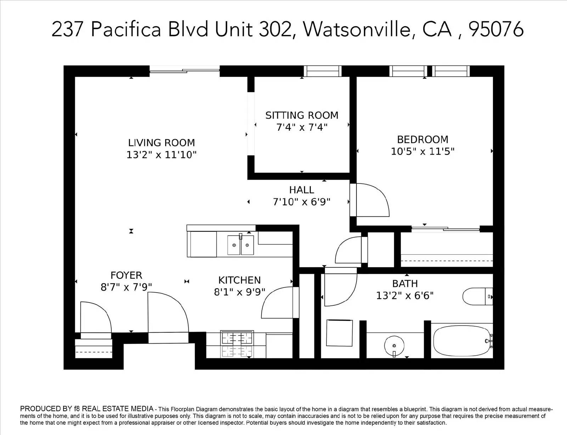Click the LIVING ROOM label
(162, 143)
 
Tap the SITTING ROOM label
(302, 115)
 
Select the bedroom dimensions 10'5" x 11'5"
(423, 151)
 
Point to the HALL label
(302, 190)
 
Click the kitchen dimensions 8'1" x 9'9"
(240, 292)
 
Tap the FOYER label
(126, 275)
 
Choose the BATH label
(405, 284)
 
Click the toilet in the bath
(477, 296)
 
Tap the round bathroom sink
(394, 346)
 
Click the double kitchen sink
(240, 245)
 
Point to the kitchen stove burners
(237, 344)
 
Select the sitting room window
(323, 71)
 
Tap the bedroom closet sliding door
(446, 229)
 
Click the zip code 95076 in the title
(496, 29)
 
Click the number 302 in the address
(275, 29)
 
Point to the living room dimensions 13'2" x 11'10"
(162, 155)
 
